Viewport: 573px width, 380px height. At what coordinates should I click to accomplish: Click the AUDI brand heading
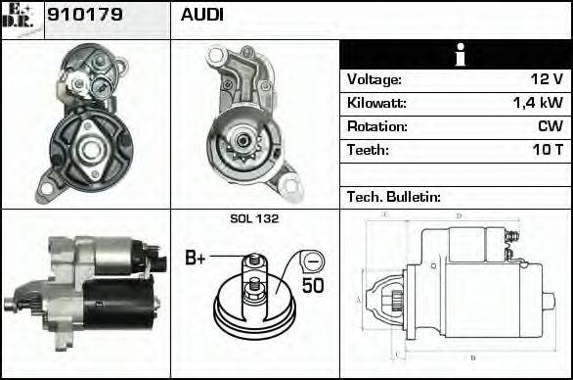[201, 16]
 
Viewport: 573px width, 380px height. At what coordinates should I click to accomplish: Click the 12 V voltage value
[542, 79]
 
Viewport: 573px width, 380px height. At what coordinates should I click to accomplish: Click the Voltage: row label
[374, 79]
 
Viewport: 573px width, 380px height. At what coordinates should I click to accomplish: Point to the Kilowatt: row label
[376, 103]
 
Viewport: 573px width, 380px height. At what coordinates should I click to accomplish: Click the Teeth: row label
[368, 150]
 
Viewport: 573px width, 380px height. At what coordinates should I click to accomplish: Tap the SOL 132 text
[254, 218]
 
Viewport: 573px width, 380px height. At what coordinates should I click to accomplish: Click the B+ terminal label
[196, 259]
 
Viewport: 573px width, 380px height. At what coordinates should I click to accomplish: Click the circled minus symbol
[311, 261]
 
